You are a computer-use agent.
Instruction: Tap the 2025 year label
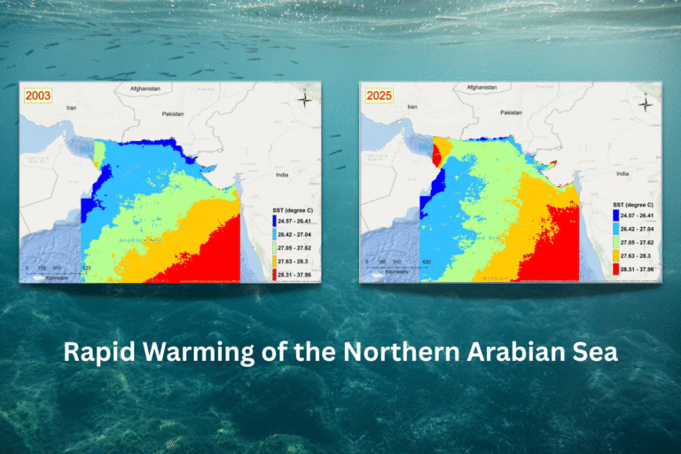(x=378, y=96)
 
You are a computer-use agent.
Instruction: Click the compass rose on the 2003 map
(x=304, y=98)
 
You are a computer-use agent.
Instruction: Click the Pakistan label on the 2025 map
(x=512, y=113)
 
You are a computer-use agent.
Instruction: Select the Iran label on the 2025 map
(x=410, y=106)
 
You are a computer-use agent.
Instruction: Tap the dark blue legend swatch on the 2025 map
(x=616, y=215)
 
